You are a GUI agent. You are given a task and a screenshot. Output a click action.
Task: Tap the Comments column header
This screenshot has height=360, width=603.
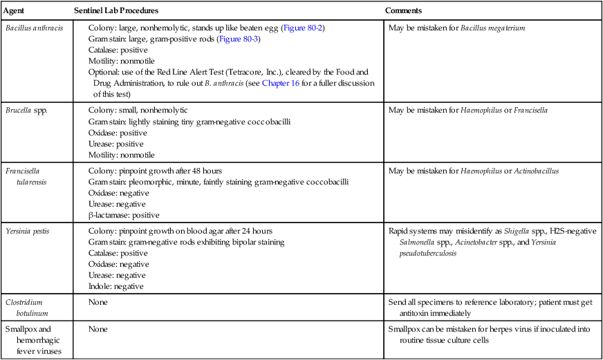404,12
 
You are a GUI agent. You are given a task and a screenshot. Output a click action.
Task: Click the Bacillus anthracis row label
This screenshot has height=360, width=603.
33,28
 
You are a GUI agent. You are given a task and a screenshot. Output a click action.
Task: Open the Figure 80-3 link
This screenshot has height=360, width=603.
238,39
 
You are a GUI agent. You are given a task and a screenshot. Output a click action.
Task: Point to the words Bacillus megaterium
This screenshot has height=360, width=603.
493,28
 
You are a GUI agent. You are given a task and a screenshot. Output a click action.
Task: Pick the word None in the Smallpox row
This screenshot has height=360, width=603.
98,330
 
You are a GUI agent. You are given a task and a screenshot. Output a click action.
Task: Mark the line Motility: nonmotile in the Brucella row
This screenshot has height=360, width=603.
122,155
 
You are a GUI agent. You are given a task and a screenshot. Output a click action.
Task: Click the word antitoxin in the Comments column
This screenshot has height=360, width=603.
419,314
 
